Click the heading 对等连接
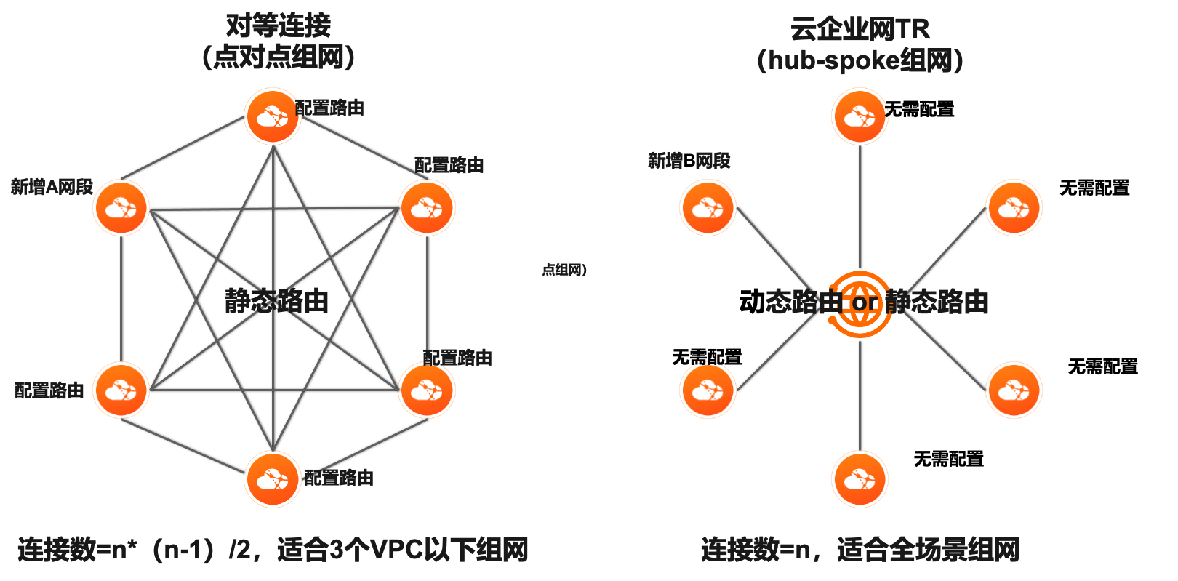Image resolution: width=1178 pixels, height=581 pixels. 278,25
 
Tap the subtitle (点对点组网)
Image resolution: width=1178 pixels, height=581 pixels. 278,57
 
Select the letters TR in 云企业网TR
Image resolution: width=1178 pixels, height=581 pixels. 911,29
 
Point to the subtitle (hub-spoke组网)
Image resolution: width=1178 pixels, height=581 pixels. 860,60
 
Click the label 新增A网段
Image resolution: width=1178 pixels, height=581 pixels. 52,188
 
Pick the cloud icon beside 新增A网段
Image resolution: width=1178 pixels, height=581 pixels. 121,208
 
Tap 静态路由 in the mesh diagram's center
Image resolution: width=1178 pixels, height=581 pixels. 276,301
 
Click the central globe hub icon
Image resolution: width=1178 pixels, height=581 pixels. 860,303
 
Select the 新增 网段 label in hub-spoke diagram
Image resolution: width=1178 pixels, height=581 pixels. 689,161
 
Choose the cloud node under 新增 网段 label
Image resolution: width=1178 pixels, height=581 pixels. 708,208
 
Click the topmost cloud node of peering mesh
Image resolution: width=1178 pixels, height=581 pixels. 273,116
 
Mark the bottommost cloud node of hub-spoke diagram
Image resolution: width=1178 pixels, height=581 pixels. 860,479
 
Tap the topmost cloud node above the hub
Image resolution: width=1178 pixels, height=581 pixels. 860,116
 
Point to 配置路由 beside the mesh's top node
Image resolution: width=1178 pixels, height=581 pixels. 332,108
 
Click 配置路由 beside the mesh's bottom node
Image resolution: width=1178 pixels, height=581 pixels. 340,478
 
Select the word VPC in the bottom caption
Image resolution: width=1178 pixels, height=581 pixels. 397,550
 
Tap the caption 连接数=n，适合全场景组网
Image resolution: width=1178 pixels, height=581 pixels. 860,550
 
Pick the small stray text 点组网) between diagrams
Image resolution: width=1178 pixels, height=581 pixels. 564,270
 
